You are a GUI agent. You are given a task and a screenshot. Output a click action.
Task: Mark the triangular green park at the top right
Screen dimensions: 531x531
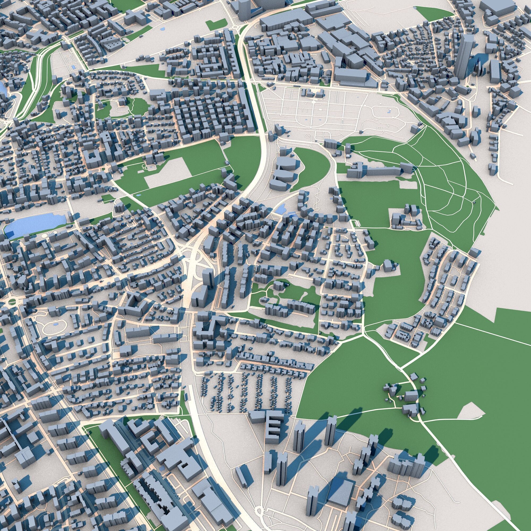pos(434,14)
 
